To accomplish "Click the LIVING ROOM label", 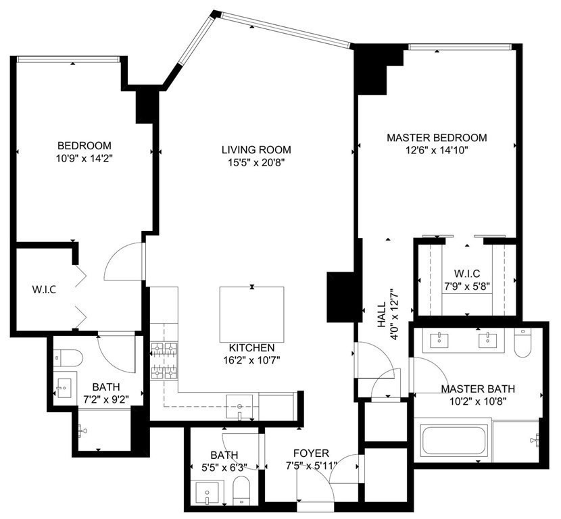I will pos(256,149).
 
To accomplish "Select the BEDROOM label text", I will pos(84,145).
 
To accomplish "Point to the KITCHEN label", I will pos(251,347).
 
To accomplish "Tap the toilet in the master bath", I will pos(522,343).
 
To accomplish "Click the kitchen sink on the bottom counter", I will pos(241,405).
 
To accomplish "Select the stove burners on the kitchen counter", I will pos(163,360).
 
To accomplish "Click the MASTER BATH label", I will pos(478,389).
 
